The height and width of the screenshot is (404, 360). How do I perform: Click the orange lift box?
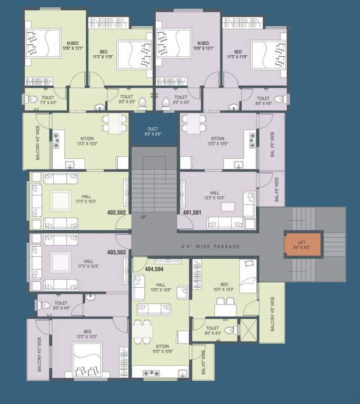click(301, 245)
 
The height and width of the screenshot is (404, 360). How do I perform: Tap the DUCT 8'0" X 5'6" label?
click(153, 132)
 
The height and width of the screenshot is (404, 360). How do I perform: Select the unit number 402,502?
click(116, 213)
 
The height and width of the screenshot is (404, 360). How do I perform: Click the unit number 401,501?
click(192, 213)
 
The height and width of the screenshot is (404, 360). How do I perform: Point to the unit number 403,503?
click(116, 252)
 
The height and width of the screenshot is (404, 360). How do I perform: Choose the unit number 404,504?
click(154, 269)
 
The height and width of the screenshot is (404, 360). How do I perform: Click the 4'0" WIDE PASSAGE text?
click(211, 246)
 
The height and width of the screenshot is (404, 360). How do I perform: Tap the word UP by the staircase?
click(143, 217)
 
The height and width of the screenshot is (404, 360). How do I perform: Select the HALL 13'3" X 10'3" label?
click(214, 196)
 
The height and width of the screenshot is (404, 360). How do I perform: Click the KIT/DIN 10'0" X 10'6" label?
click(162, 348)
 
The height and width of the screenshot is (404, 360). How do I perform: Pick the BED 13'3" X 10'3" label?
click(87, 334)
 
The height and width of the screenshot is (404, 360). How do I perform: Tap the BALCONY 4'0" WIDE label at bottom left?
click(39, 356)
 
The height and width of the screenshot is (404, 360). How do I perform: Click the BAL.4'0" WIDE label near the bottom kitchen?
click(203, 363)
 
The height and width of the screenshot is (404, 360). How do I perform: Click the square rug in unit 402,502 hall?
click(59, 200)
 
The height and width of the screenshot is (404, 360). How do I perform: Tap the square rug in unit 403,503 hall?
click(59, 260)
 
